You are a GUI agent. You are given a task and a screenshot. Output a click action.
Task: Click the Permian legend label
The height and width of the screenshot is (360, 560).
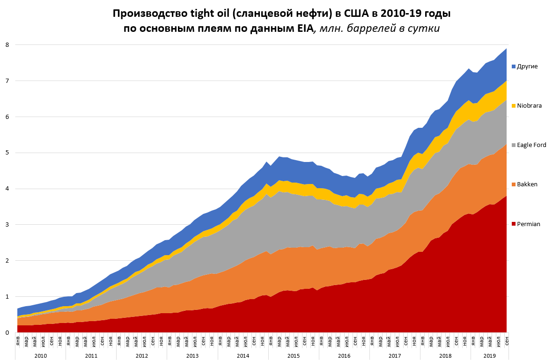coord(529,224)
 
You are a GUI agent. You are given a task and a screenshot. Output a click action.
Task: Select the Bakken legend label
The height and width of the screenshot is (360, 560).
coord(527,184)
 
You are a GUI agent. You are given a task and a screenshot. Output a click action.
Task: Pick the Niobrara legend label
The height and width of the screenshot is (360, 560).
coord(529,106)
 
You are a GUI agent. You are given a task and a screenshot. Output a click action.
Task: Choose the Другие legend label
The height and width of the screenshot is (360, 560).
coord(527,66)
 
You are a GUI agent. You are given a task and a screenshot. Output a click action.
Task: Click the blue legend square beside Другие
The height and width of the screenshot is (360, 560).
coord(514,66)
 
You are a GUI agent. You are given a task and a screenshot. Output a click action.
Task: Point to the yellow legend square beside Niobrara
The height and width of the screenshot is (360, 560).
coord(514,106)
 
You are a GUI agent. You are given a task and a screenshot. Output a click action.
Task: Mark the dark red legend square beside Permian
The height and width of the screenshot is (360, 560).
coord(514,224)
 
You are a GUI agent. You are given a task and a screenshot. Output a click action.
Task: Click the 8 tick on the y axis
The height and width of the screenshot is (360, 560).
coord(7,45)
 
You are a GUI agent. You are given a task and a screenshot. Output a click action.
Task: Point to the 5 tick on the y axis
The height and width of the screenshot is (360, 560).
coord(7,153)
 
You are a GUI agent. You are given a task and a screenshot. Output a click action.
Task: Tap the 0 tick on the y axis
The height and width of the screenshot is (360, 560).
coord(7,332)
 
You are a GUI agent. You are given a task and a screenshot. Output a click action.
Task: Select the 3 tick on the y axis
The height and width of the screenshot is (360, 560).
coord(7,225)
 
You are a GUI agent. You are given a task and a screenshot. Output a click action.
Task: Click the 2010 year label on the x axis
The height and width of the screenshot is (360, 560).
coord(40,356)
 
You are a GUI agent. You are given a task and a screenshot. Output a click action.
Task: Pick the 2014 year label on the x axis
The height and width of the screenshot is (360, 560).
coord(243,356)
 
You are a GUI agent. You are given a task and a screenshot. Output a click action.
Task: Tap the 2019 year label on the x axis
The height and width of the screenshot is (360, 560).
coord(489,356)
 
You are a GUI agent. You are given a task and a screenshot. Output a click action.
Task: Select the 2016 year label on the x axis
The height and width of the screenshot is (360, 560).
coord(344,356)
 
